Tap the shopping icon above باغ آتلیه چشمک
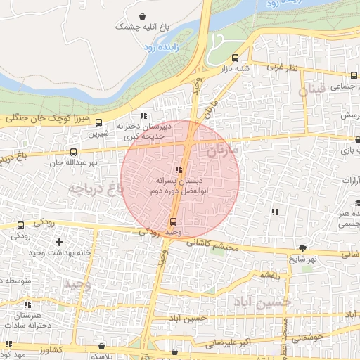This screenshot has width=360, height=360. (143, 15)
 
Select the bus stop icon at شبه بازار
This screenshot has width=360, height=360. (235, 58)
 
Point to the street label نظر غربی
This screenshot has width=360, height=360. (287, 67)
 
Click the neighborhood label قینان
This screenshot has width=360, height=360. (312, 91)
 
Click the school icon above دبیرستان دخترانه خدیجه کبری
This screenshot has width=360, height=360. (143, 115)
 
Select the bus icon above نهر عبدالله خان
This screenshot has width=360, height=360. (73, 152)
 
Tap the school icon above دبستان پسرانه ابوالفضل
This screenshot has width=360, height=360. (179, 169)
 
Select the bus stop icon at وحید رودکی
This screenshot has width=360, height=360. (173, 222)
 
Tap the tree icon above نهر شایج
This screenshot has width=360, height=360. (302, 248)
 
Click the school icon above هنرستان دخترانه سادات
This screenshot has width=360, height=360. (28, 305)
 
